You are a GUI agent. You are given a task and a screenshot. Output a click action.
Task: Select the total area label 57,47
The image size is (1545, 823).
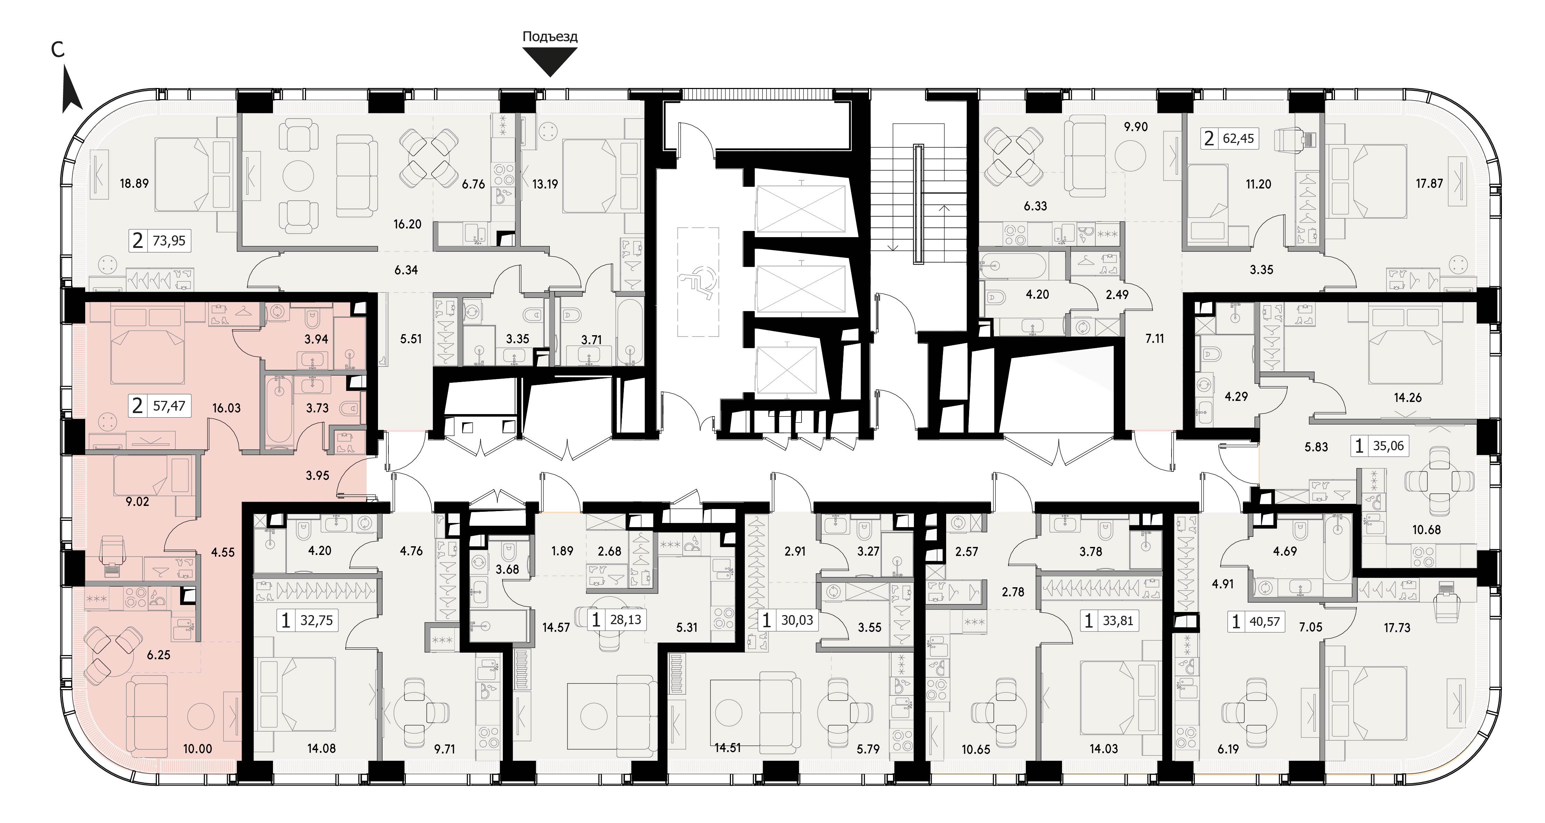coord(169,406)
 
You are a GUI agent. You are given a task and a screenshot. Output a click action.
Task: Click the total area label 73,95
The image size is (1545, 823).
coord(169,241)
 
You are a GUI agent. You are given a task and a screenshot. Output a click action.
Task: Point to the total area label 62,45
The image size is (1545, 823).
coord(1239,139)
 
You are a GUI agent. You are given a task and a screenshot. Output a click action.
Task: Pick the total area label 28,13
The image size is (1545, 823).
coord(626,620)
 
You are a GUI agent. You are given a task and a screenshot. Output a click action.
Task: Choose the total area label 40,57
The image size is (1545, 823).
coord(1265,622)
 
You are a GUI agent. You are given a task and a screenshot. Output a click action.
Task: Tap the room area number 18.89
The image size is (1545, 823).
coord(134,184)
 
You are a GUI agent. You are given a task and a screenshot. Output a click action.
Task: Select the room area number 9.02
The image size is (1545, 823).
coord(137,501)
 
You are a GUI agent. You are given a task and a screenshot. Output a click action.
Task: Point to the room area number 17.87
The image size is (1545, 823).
coord(1429,184)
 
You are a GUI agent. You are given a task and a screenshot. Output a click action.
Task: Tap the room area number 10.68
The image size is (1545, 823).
coord(1426,530)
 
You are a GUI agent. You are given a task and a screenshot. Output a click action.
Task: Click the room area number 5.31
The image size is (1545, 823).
coord(687,628)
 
